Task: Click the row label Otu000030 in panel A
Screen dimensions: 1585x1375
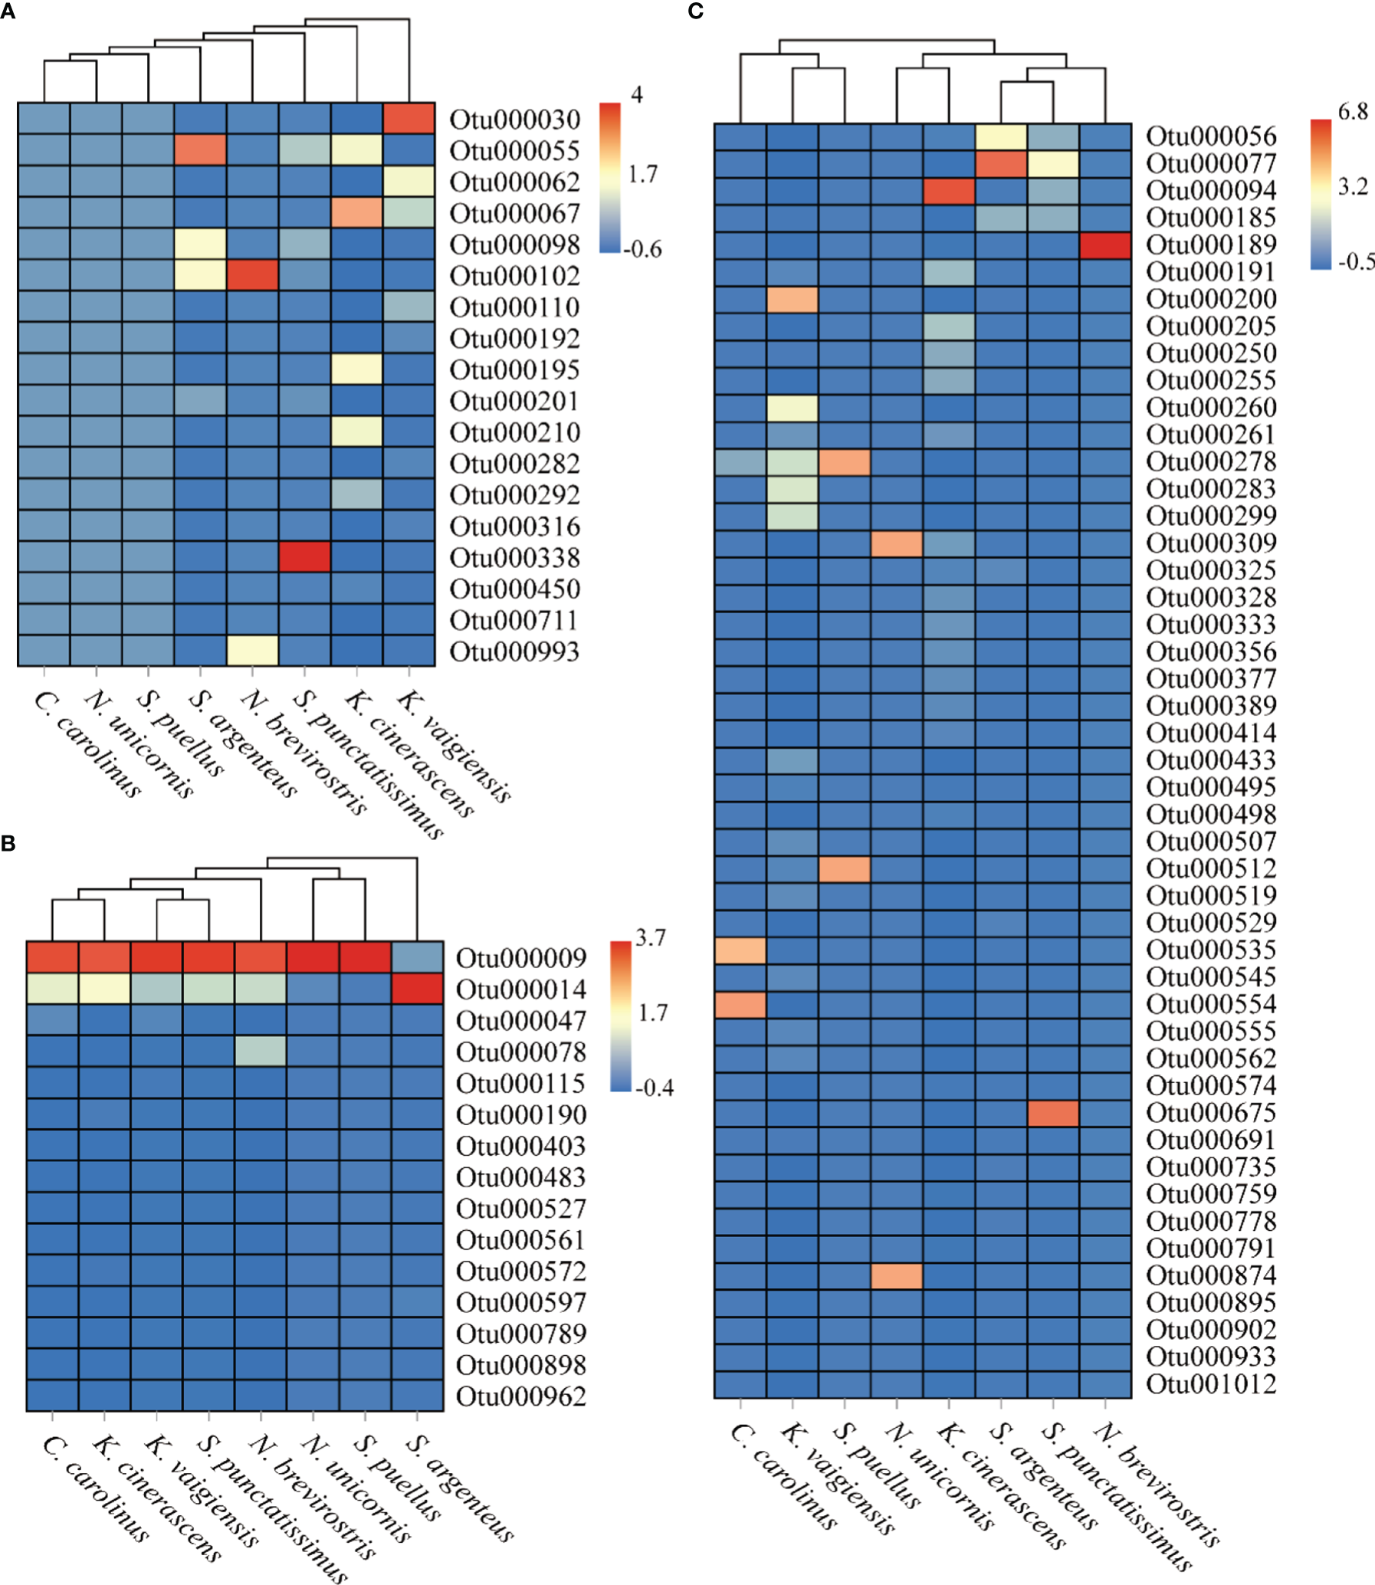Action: click(514, 120)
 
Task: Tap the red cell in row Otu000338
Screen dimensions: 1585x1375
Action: click(304, 557)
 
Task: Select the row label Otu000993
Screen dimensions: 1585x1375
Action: click(514, 652)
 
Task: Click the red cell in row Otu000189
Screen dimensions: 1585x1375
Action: click(1105, 245)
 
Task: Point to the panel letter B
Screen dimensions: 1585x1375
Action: click(8, 844)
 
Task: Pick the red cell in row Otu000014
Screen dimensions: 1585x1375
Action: click(418, 989)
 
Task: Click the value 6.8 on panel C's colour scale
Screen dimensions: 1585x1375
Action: click(1353, 112)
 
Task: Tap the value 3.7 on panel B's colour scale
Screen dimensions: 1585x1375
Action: click(651, 937)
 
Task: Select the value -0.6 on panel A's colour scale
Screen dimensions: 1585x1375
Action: click(643, 249)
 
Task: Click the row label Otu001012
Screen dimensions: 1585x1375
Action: click(1211, 1384)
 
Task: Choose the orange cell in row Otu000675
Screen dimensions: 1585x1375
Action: click(1053, 1113)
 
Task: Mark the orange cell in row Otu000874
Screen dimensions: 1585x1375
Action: click(896, 1276)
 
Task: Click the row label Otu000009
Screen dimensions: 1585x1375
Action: click(520, 958)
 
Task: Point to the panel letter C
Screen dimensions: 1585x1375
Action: click(696, 11)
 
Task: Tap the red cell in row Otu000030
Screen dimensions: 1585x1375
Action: click(409, 118)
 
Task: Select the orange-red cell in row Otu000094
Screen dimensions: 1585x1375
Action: click(948, 191)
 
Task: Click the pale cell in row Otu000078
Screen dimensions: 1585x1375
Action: click(260, 1051)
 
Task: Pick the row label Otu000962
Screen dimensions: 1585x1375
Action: click(520, 1396)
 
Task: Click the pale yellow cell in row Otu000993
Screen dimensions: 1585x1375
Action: click(252, 651)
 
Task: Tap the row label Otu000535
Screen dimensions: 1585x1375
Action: click(1211, 950)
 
